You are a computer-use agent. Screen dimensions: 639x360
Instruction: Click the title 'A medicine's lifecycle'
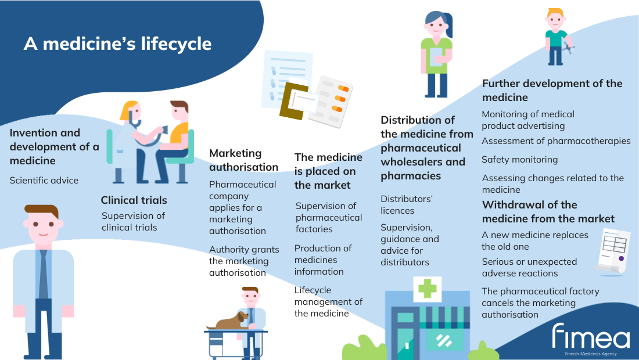click(118, 44)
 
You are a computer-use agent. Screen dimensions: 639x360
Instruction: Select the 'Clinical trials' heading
click(134, 200)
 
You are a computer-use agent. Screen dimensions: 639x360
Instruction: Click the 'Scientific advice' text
click(44, 181)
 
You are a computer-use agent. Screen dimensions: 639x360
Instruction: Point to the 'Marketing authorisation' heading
click(244, 160)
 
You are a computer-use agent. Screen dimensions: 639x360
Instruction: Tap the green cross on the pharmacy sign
click(428, 289)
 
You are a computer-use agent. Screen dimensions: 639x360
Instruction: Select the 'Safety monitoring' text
click(519, 160)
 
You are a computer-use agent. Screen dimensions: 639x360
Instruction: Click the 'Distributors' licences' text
click(406, 205)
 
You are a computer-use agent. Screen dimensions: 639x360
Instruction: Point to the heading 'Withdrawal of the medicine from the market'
click(548, 212)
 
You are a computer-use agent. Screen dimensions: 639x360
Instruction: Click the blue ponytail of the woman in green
click(448, 24)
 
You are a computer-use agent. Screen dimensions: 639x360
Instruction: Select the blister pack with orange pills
click(331, 102)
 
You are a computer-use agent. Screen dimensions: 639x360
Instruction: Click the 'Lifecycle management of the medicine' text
click(328, 302)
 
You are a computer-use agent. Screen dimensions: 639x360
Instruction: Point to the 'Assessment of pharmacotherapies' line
click(556, 141)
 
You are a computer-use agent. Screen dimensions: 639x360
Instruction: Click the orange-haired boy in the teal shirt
click(557, 37)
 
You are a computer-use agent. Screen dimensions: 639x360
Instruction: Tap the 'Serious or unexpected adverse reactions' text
click(529, 268)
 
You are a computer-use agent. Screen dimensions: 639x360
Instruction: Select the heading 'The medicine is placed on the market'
click(328, 171)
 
